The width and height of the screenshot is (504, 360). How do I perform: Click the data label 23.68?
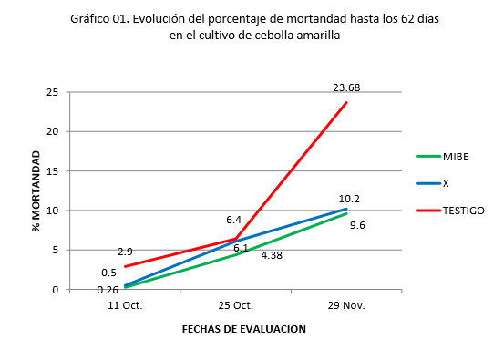coord(346,87)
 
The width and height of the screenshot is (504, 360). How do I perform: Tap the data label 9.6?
coord(358,223)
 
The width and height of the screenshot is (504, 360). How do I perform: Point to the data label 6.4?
coord(234,220)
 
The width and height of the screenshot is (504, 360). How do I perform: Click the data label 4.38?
coord(272,255)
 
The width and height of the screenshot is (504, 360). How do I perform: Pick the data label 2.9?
coord(126,251)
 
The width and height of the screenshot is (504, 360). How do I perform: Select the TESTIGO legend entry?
coord(463,210)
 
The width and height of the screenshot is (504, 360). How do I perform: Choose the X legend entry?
coord(446,183)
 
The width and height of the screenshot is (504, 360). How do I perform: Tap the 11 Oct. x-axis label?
coord(125,306)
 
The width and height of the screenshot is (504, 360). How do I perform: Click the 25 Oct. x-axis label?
coord(235,306)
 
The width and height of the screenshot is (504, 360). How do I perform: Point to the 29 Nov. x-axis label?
coord(345,306)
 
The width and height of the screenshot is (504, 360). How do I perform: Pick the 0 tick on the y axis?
coord(57,290)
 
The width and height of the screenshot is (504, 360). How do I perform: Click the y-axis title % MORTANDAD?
coord(37,190)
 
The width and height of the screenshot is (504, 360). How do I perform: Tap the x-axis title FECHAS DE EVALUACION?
coord(243,329)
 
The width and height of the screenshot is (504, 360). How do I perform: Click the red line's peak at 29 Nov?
coord(346,102)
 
